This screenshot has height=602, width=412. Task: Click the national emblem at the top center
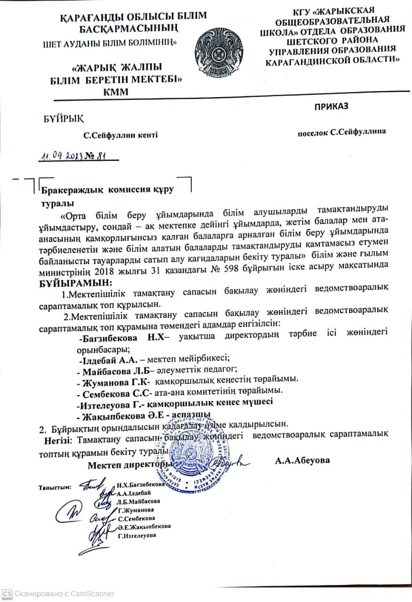220,49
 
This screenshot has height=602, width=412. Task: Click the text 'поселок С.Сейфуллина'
341,132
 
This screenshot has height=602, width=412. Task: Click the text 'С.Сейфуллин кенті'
120,135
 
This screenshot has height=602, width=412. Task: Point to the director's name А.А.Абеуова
302,460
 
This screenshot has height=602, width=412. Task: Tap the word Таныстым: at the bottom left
54,487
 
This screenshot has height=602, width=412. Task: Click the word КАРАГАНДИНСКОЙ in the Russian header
302,61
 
